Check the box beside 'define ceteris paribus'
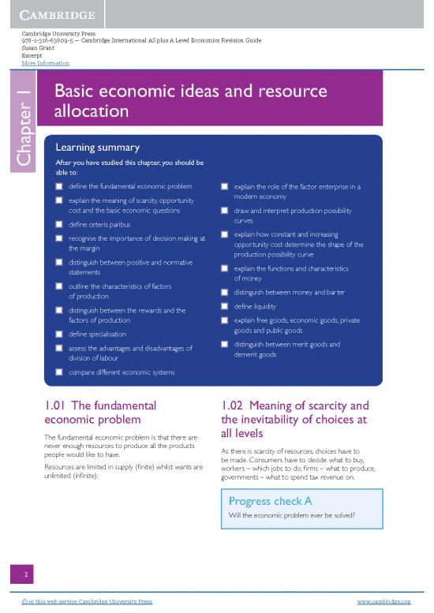pos(59,225)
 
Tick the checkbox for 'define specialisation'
pos(59,335)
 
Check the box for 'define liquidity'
pos(225,306)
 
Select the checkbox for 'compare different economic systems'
pos(59,372)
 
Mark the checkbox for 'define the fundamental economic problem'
pos(59,187)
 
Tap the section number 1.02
pos(238,406)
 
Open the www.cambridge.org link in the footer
pos(383,601)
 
